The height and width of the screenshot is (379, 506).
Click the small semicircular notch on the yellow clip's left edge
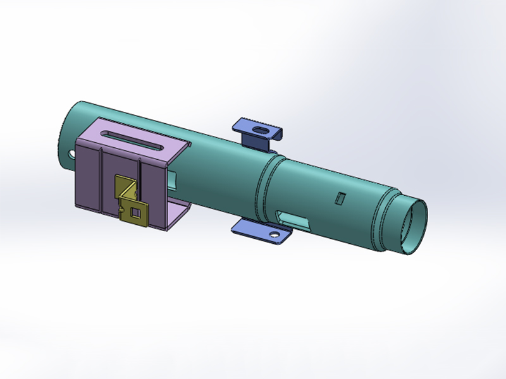[x=121, y=204]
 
